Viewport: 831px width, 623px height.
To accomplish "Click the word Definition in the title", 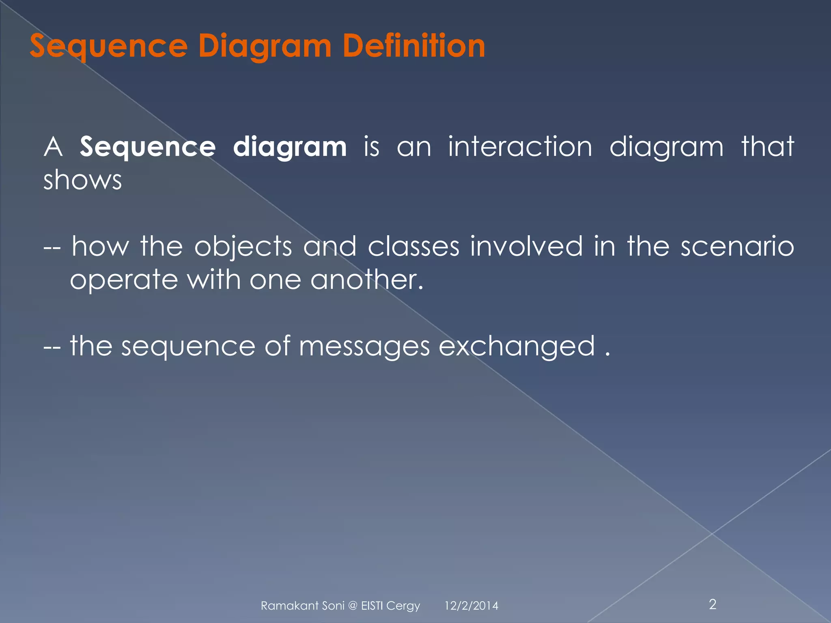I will click(414, 46).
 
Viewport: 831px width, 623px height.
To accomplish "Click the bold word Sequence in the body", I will click(148, 147).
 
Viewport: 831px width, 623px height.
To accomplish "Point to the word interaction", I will click(520, 146).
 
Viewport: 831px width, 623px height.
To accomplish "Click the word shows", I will click(82, 180).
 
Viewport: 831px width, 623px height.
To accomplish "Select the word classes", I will click(413, 246).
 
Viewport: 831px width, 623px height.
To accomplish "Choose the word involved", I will click(526, 246).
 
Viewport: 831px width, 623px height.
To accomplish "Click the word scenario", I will click(737, 246).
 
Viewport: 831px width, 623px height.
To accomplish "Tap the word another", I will click(367, 279).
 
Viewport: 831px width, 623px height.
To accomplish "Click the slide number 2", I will click(713, 604).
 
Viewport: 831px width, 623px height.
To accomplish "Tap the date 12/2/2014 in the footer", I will click(471, 606).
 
